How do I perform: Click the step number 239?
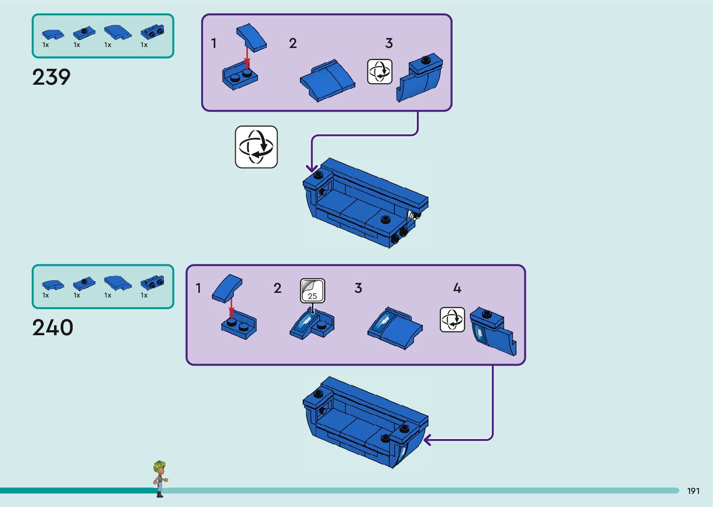51,77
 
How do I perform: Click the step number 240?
53,328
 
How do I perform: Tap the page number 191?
693,491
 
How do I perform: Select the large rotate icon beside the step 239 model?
256,147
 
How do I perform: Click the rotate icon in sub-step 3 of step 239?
380,71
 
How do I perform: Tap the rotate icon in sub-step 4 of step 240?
452,319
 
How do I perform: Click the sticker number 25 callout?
312,291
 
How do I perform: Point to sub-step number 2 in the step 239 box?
292,43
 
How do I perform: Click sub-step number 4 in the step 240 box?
457,288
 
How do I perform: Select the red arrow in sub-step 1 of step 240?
231,308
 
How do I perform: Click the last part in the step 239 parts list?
152,32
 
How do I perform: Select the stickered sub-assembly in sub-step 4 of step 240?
493,331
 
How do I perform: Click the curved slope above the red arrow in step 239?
251,37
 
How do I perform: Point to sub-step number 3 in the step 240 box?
358,288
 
